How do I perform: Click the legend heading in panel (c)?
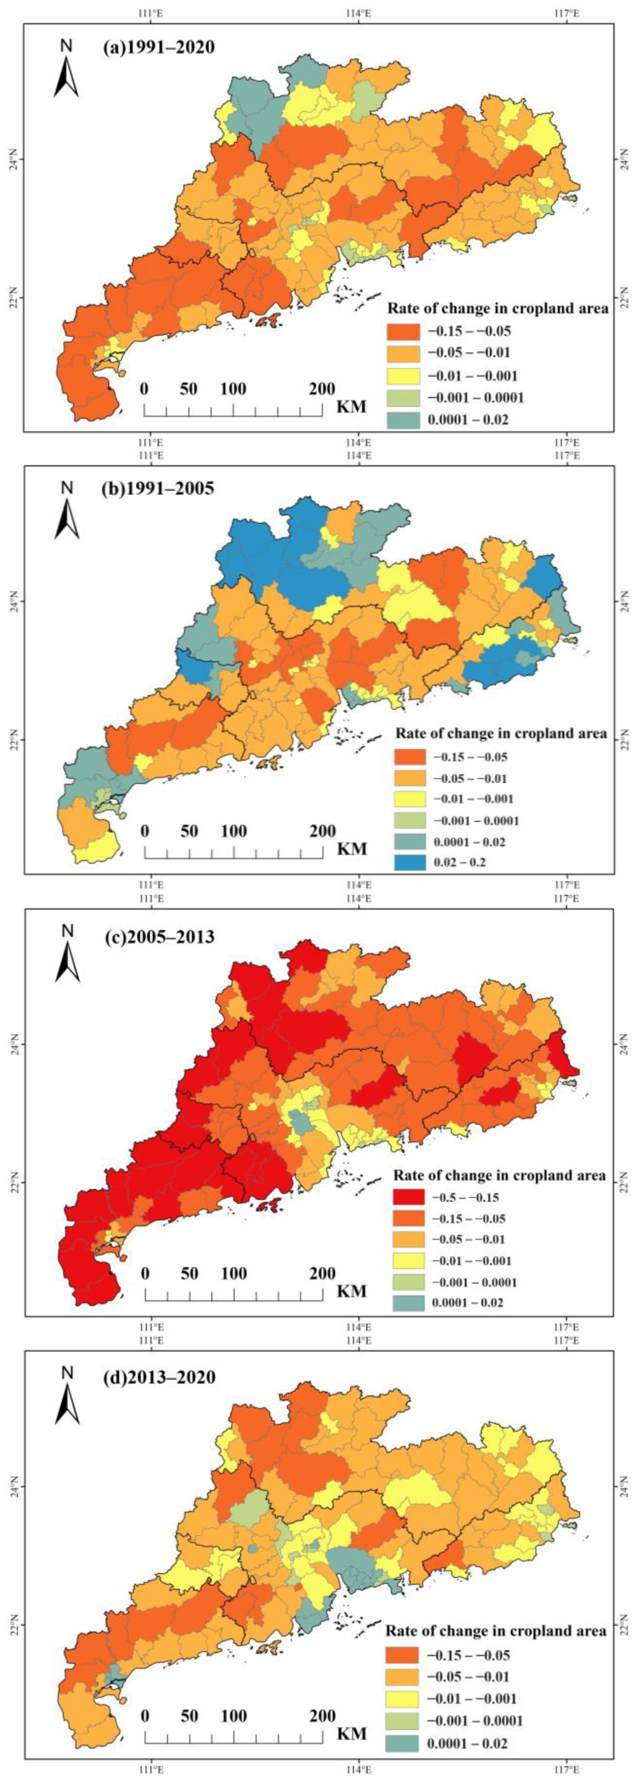499,1175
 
